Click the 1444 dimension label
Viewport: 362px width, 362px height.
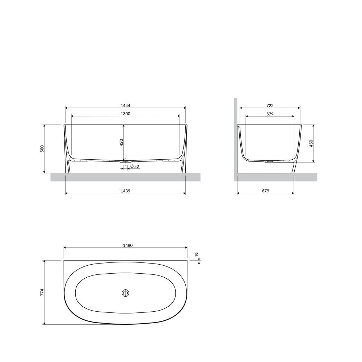coord(125,106)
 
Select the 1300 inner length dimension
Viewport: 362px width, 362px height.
coord(125,114)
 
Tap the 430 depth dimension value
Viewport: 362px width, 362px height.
coord(121,142)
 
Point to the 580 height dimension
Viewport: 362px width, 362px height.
coord(42,149)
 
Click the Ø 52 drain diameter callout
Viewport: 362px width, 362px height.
coord(135,166)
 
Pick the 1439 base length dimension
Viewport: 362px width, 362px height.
coord(125,191)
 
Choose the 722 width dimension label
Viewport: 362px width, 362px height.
coord(270,106)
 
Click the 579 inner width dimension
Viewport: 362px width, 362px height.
coord(270,114)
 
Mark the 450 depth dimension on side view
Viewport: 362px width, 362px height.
coord(311,143)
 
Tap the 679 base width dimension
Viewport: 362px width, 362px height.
coord(265,191)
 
